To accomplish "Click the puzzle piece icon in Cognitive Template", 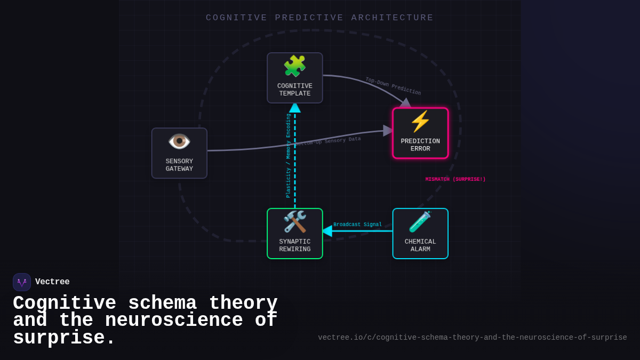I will [x=294, y=66].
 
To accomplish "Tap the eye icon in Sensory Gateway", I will [x=179, y=141].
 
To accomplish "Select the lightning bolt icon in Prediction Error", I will [x=420, y=122].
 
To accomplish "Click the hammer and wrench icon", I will [x=294, y=221].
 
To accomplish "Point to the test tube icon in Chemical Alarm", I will [x=420, y=222].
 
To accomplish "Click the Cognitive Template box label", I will [x=294, y=90].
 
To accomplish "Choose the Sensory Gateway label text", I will [x=179, y=165].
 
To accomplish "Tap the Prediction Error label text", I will [x=420, y=145].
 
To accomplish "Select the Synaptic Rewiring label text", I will [x=294, y=245].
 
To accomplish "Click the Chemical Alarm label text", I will [x=420, y=245].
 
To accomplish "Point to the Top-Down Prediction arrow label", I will [x=393, y=86].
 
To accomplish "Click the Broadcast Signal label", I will [x=357, y=225].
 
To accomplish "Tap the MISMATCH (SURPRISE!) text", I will [x=455, y=179].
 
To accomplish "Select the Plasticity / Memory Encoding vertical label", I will [x=289, y=155].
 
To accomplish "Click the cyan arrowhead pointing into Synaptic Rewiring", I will [x=327, y=231].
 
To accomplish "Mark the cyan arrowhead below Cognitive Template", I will [x=295, y=108].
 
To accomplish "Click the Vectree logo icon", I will [x=22, y=282].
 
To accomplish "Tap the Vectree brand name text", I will [x=52, y=282].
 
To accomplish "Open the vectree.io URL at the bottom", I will [x=472, y=338].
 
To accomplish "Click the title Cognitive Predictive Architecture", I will [x=319, y=18].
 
